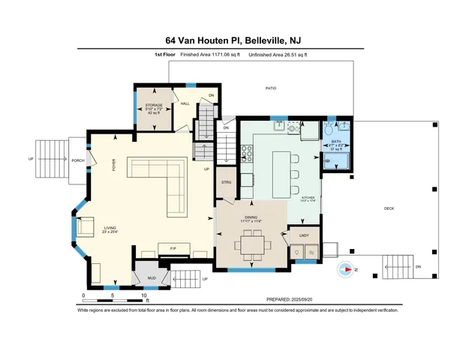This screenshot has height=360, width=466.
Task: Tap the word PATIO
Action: pos(271,88)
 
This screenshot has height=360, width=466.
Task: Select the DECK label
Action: pos(389,208)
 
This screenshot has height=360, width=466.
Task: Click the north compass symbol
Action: pos(346,268)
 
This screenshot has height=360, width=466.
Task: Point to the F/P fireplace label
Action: pos(173,248)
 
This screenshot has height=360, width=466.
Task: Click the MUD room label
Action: pos(151,277)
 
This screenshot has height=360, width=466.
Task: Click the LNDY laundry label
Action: pos(304,236)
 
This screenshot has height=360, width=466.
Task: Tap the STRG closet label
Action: pos(226,182)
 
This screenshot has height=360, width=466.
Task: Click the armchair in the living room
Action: pos(85,226)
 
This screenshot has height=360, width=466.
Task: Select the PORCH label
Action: pos(77,160)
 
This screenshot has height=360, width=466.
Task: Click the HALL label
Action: pos(185,103)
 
